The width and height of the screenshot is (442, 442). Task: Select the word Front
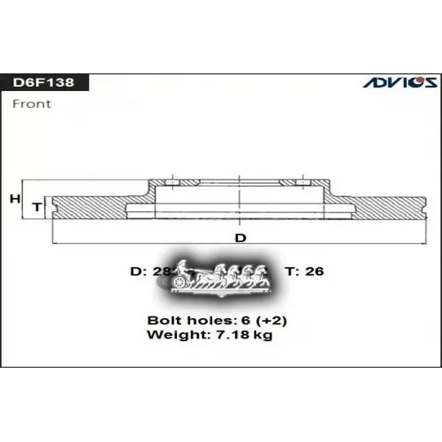[x=32, y=103]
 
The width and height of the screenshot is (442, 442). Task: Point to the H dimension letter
[x=14, y=199]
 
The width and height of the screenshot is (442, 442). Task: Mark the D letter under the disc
[x=240, y=238]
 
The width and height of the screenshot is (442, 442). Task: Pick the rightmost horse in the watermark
[x=263, y=275]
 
